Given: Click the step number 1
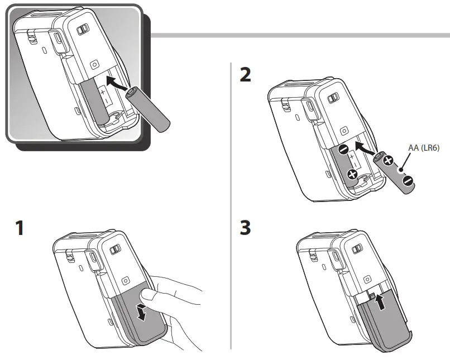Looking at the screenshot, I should pyautogui.click(x=20, y=228).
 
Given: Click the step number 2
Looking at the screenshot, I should pyautogui.click(x=245, y=75).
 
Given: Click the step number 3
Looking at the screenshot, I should pyautogui.click(x=245, y=228).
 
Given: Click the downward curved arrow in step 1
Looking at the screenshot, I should pyautogui.click(x=142, y=311).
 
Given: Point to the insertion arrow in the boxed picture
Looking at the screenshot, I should pyautogui.click(x=119, y=85).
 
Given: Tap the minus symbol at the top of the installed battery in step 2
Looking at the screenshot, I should pyautogui.click(x=343, y=149).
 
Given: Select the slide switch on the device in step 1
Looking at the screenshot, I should pyautogui.click(x=116, y=250).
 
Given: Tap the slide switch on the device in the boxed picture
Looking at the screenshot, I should pyautogui.click(x=82, y=30).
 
